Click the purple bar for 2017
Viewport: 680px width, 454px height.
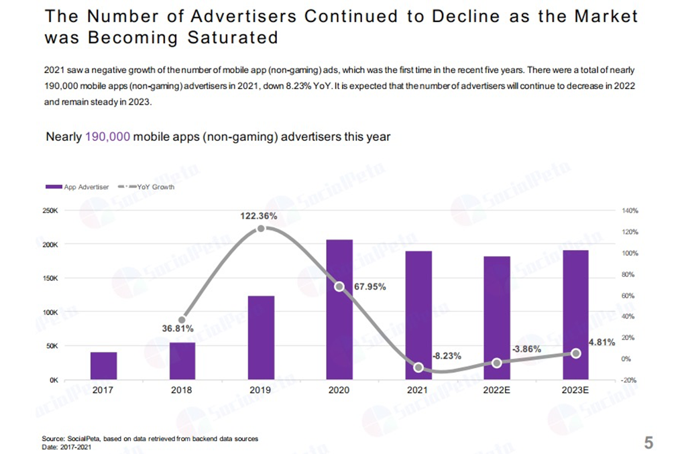[x=103, y=365]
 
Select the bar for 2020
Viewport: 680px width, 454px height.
[x=339, y=309]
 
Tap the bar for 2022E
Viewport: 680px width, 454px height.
[x=496, y=318]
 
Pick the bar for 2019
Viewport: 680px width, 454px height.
[x=261, y=337]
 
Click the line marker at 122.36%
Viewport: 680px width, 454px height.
[x=261, y=229]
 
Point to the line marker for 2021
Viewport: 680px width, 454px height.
[x=418, y=367]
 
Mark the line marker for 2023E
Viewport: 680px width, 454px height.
[x=575, y=353]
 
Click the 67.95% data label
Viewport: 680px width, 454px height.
[x=370, y=286]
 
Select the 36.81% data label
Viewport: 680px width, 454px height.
[x=177, y=329]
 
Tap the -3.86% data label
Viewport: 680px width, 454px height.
[x=526, y=349]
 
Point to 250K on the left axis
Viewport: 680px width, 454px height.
[x=51, y=211]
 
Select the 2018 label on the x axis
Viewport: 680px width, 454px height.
[x=182, y=390]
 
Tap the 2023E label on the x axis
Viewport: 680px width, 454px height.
[x=575, y=390]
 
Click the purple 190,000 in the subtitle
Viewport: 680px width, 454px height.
[x=107, y=137]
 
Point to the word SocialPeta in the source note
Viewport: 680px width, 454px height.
[x=82, y=439]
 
